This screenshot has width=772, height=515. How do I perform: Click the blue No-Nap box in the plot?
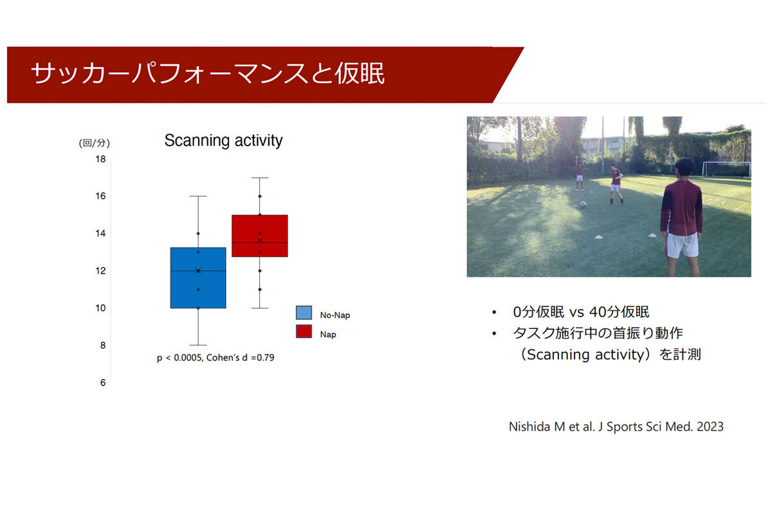198,277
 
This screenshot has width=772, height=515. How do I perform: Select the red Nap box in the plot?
260,236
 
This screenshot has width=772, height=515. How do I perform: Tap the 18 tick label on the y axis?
100,159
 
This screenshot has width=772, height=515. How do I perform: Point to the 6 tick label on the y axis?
103,382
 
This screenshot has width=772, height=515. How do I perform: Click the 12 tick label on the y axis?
100,271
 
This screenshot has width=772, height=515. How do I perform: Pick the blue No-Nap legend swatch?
304,312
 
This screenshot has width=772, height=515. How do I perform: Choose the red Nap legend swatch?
304,332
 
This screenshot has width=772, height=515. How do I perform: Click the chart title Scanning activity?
223,141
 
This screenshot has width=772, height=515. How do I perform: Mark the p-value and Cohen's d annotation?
216,358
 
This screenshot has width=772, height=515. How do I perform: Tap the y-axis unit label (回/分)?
95,143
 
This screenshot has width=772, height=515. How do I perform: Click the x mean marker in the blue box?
198,271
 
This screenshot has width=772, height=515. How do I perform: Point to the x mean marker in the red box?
260,240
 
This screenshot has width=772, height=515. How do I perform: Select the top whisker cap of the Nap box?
260,178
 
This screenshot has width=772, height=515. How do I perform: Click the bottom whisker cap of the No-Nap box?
198,345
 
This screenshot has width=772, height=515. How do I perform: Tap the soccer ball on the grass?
583,204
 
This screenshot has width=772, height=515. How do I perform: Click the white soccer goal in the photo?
726,169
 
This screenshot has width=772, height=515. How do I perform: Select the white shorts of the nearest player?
681,245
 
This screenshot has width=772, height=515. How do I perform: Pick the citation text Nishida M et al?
616,427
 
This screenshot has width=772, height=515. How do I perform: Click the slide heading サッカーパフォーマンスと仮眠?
208,73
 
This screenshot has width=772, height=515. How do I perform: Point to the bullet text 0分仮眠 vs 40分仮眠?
581,312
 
